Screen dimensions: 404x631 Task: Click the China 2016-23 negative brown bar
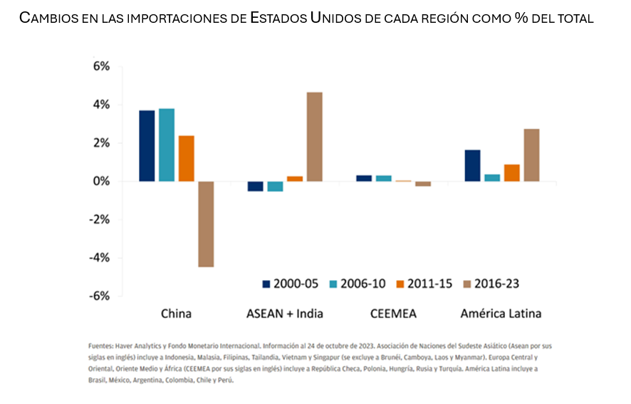[x=206, y=224]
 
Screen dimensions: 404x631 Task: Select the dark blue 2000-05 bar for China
[x=147, y=145]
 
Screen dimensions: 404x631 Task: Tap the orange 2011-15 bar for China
[x=187, y=158]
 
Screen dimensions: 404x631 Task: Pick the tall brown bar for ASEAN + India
[x=314, y=137]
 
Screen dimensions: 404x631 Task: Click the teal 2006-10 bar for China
[x=167, y=145]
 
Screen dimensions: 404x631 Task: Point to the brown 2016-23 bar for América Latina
[x=531, y=155]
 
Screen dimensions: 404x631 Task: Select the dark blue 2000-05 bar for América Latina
[x=472, y=165]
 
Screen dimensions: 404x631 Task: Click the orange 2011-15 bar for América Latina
[x=511, y=172]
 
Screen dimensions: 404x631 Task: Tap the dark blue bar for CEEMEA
[x=363, y=178]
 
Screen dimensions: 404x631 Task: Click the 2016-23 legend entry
[x=491, y=284]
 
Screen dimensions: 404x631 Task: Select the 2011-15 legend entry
[x=424, y=284]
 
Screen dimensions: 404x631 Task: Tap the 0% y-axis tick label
[x=101, y=182]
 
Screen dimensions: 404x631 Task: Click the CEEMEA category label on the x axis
[x=393, y=314]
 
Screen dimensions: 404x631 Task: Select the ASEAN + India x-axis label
[x=285, y=314]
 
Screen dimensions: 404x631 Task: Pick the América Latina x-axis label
[x=501, y=314]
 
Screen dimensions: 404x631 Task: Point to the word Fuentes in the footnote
[x=100, y=346]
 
